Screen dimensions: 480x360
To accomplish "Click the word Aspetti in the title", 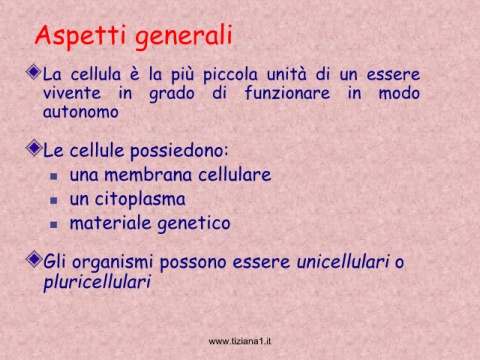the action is tap(80, 35).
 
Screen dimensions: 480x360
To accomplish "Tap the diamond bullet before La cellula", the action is tap(34, 72).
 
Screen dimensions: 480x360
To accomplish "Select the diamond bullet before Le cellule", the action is tap(34, 148).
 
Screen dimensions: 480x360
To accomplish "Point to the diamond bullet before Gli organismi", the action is tap(34, 259).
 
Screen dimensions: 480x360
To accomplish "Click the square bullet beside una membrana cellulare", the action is tap(54, 176).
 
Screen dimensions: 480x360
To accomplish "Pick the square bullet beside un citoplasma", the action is tap(54, 201).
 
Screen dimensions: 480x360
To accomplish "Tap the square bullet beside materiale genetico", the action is tap(54, 225).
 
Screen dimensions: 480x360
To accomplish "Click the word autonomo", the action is tap(81, 112).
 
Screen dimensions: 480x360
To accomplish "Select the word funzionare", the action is tap(287, 92).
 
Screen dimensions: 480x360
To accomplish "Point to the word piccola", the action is tap(230, 75).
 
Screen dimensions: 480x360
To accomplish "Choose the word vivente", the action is tap(72, 93).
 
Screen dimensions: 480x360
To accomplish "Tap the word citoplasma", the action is tap(140, 200).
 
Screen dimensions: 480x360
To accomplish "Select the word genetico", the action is tap(194, 224).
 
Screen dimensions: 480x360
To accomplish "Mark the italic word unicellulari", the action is tap(343, 261).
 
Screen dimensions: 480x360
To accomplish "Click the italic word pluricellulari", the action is tap(97, 283).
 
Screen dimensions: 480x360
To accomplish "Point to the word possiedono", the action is tap(179, 151).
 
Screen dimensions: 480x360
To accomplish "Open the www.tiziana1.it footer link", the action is tap(240, 341).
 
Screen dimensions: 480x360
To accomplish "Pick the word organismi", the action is tap(113, 262).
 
